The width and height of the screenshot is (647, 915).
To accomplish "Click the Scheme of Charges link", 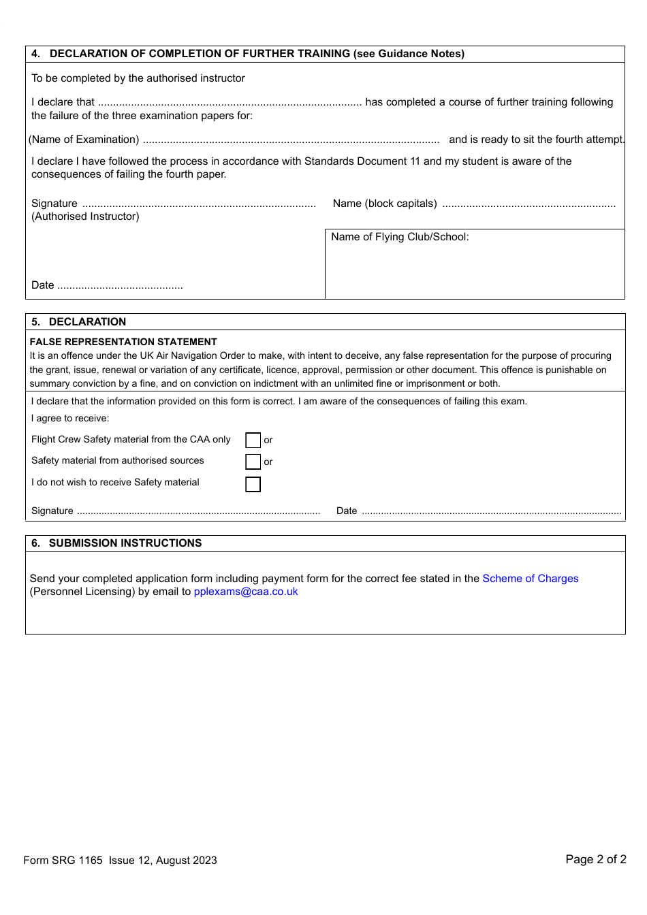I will [x=530, y=579].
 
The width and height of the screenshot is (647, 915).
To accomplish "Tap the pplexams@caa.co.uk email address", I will [x=246, y=592].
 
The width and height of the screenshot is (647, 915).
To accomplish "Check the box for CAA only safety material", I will [x=253, y=440].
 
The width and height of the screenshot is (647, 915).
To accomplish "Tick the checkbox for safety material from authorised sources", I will [x=253, y=462].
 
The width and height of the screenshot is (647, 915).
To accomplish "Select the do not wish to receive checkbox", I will [x=253, y=484].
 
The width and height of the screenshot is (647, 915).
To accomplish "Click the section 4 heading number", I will [x=35, y=54].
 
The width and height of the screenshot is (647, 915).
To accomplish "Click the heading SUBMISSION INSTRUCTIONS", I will [x=125, y=543].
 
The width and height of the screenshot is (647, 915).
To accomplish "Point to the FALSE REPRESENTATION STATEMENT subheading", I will [x=123, y=342].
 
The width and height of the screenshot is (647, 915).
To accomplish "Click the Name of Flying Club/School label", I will [x=400, y=237].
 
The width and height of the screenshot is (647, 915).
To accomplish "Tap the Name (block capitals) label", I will [x=385, y=204].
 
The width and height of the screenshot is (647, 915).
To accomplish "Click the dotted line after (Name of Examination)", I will [x=291, y=140].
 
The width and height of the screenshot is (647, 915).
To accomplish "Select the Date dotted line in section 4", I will [x=120, y=286].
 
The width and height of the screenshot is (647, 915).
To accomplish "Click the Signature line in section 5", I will [x=198, y=511].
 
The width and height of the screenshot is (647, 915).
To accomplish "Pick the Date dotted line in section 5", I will [x=490, y=511].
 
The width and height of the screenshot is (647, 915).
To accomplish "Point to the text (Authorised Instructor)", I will [x=85, y=216].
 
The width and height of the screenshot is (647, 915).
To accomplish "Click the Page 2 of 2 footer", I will [x=595, y=859].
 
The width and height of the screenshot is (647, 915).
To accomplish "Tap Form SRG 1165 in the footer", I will [x=63, y=861].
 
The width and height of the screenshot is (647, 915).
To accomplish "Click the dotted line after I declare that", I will [x=230, y=103].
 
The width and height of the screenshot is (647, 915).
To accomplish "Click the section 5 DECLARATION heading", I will [x=87, y=322].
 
